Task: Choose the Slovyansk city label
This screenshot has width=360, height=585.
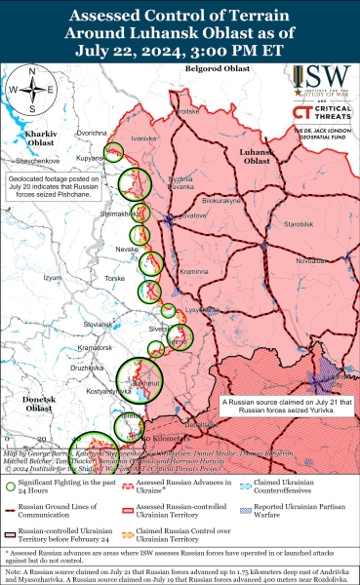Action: pos(99,324)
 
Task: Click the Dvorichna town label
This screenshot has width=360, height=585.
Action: pos(92,133)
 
